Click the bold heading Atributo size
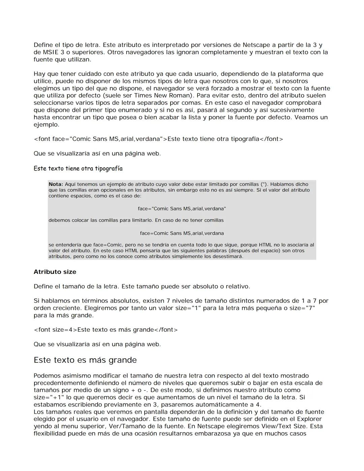55,272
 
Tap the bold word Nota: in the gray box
56,184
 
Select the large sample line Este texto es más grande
85,360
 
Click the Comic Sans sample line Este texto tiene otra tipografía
78,169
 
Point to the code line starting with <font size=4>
105,330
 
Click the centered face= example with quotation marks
182,209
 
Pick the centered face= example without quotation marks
182,233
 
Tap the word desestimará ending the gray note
226,257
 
